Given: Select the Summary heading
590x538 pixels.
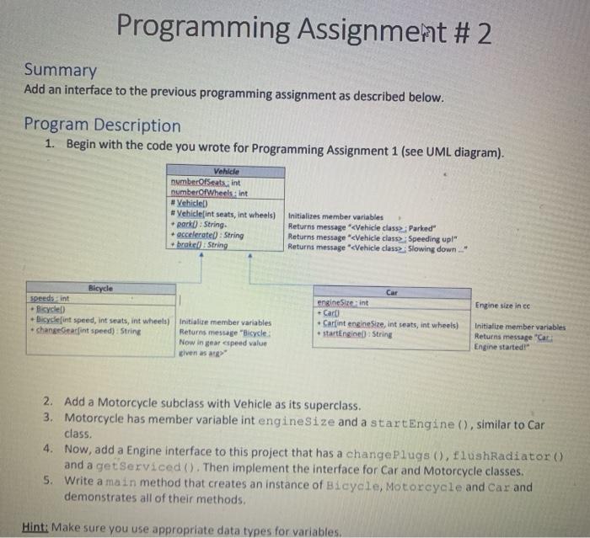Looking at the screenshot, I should pyautogui.click(x=60, y=70).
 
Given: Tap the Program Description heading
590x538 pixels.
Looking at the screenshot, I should pyautogui.click(x=102, y=125).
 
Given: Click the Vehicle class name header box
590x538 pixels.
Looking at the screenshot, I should pyautogui.click(x=227, y=171).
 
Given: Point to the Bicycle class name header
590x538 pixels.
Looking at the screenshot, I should pyautogui.click(x=100, y=288).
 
